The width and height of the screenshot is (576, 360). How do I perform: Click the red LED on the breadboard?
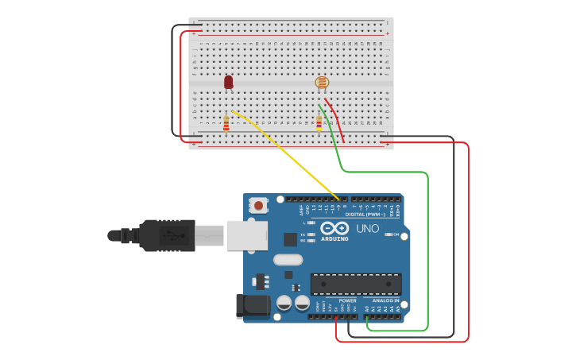(x=229, y=82)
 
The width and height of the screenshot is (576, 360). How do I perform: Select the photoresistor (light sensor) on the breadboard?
(x=322, y=82)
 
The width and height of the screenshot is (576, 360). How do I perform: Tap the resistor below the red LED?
(x=226, y=123)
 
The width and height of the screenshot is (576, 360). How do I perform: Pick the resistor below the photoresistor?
(x=319, y=123)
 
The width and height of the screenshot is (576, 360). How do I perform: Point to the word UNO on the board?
(x=367, y=228)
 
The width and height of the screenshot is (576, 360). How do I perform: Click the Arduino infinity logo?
(x=334, y=228)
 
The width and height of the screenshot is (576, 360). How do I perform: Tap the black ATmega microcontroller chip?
(x=355, y=284)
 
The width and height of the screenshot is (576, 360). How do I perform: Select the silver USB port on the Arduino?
(x=246, y=235)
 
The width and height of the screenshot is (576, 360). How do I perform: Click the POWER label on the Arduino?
(x=347, y=301)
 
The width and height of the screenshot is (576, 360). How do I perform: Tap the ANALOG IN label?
(x=386, y=301)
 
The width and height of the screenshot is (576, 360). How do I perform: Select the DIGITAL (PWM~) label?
(x=365, y=214)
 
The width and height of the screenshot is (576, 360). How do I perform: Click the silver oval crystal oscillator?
(x=288, y=259)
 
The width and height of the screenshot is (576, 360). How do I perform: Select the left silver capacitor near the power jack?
(x=284, y=303)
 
